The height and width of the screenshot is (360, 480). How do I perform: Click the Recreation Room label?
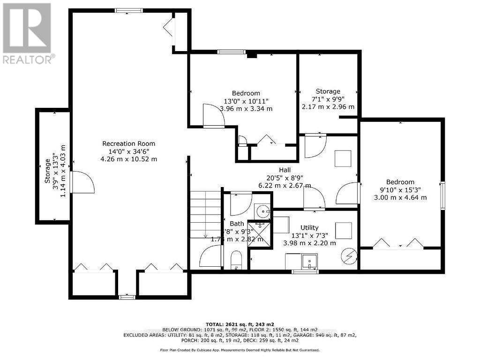click(128, 143)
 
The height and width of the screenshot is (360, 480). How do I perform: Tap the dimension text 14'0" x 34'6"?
click(128, 151)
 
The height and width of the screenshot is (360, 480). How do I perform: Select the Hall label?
click(285, 170)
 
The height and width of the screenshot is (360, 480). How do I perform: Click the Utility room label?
click(309, 227)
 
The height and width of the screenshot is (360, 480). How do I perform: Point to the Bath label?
click(237, 224)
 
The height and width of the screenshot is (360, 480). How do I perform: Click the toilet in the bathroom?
click(236, 259)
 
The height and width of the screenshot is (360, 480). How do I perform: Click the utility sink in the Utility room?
click(309, 261)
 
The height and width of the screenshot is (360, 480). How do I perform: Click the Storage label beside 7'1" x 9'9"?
click(328, 91)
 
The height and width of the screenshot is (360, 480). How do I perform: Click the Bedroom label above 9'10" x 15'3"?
click(400, 182)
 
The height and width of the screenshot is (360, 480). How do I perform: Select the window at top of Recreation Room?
click(129, 10)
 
